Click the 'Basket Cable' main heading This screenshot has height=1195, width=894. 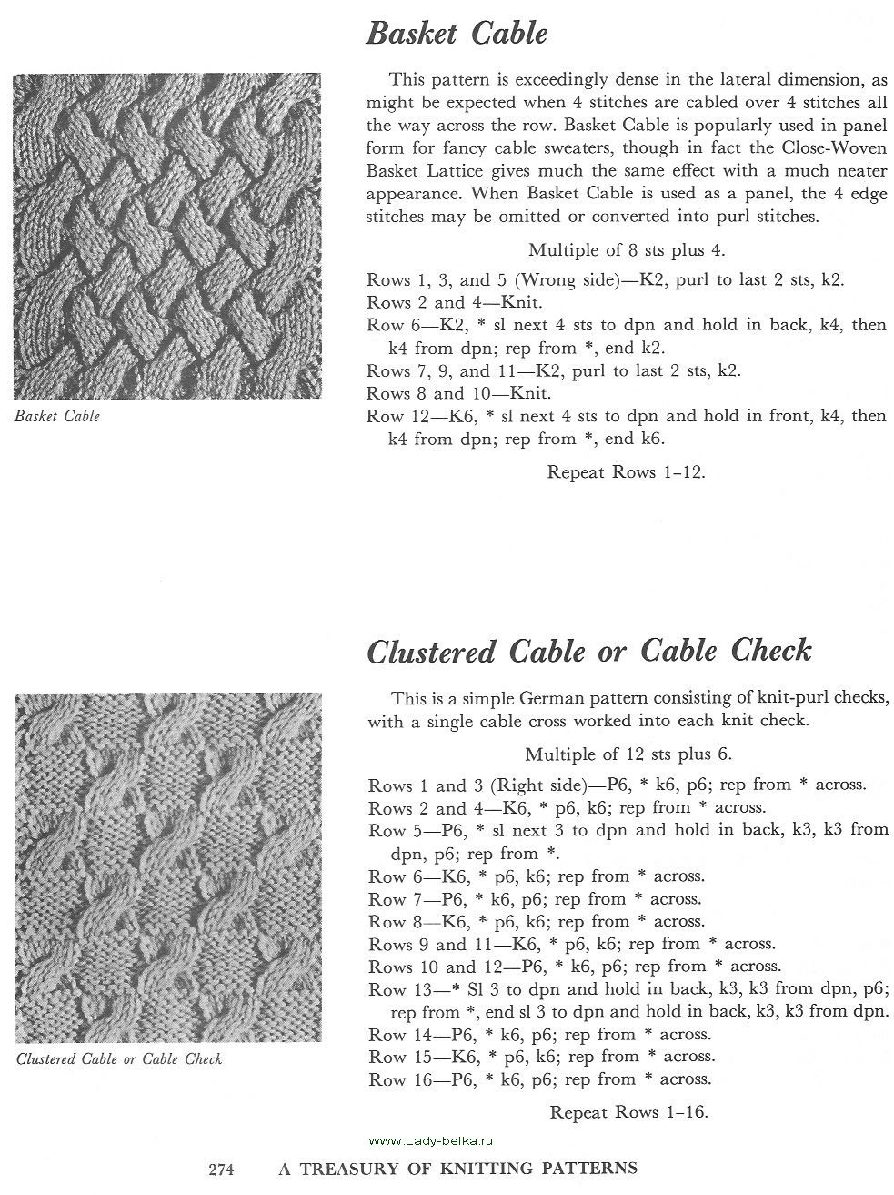(x=457, y=35)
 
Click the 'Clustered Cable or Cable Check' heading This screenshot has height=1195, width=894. (x=588, y=651)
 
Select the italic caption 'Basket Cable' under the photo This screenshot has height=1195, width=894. (x=57, y=417)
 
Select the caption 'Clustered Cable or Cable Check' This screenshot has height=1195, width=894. (x=119, y=1059)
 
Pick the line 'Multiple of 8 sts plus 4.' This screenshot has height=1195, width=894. (x=626, y=249)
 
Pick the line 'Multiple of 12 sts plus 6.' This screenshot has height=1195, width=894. (x=628, y=754)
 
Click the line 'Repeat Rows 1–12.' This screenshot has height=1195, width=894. (x=627, y=472)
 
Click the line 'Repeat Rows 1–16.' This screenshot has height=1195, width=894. (x=628, y=1111)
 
